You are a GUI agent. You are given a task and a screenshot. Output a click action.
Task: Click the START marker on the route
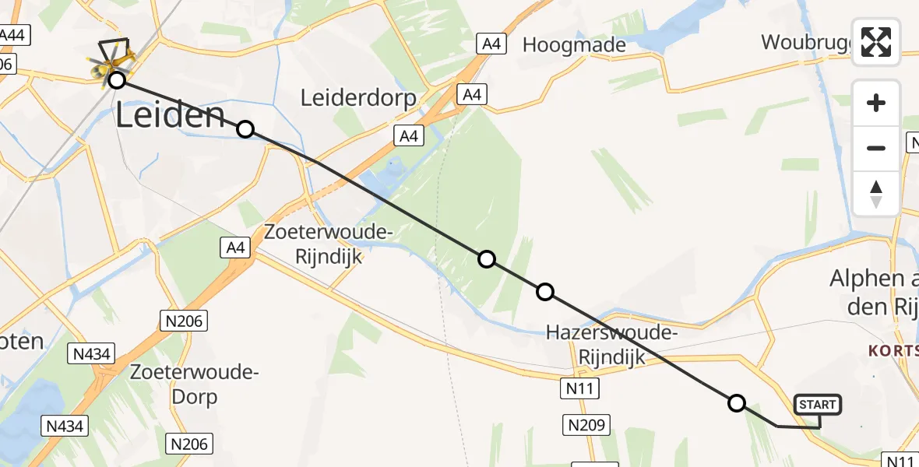(817, 404)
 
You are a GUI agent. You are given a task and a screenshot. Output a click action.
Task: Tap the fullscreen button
(876, 42)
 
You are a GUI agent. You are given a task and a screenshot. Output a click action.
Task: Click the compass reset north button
(876, 194)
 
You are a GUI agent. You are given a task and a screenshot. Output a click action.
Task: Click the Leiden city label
(171, 116)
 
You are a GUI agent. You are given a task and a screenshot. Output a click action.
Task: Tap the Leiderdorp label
(358, 98)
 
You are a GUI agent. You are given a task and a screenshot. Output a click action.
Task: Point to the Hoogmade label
(574, 45)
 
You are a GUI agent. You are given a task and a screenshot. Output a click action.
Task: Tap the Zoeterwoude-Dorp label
(194, 384)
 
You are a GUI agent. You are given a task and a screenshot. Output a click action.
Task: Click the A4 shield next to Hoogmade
(491, 44)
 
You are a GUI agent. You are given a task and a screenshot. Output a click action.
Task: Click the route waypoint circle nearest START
(736, 403)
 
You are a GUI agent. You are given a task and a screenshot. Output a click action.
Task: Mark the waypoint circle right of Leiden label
(245, 129)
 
